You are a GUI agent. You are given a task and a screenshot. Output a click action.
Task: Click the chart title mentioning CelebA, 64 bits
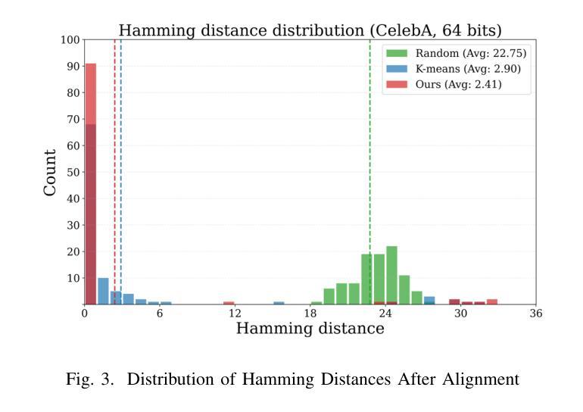pos(310,30)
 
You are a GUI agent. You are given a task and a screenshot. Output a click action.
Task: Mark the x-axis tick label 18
pos(310,313)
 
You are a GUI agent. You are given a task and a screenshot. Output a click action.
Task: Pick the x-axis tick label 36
pos(536,313)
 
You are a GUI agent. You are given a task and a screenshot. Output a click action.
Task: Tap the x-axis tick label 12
pos(235,313)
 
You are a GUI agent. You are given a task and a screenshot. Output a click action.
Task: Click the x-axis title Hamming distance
pos(310,329)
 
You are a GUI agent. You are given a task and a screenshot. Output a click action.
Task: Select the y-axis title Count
pos(51,173)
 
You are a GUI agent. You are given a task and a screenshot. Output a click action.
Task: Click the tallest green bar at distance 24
pos(391,275)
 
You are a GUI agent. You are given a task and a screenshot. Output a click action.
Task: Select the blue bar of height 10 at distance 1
pos(103,291)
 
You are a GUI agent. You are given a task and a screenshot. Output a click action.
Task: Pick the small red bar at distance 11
pos(229,303)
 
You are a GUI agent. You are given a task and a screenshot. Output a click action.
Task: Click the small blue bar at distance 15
pos(279,303)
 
